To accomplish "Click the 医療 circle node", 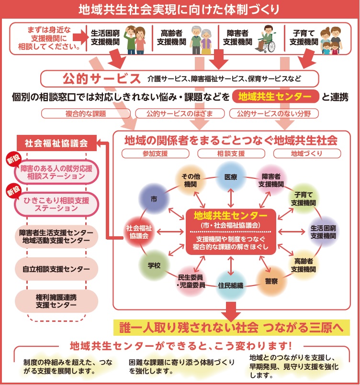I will point(231,176).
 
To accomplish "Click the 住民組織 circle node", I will point(231,285).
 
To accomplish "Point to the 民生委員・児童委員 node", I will point(191,280).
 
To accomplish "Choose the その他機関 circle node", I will point(190,180).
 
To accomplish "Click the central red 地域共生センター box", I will point(232,231).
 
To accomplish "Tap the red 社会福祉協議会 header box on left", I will point(56,143).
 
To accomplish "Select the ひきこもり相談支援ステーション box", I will point(56,204).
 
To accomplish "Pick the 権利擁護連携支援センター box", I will point(56,300).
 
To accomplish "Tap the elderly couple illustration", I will point(200,39).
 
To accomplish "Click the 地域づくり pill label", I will point(307,154).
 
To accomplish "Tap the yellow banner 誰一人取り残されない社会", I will point(232,328).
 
